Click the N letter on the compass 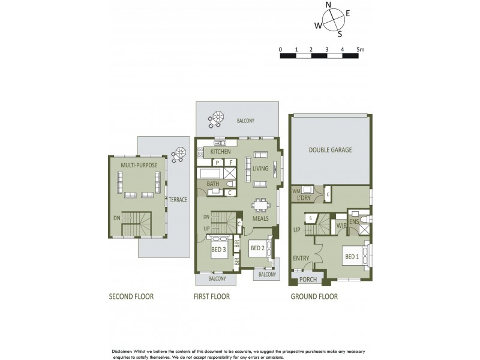tap(328, 5)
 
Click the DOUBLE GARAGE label tap(330, 149)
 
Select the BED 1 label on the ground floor tap(353, 257)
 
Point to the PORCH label tap(308, 279)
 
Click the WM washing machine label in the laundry tap(296, 191)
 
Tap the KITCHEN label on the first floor tap(220, 152)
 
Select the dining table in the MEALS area tap(260, 206)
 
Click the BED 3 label tap(218, 250)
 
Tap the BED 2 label tap(258, 248)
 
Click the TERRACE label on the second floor tap(178, 199)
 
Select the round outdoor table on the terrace tap(177, 155)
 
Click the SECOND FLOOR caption tap(131, 296)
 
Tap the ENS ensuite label tap(353, 221)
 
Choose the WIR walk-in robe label tap(340, 226)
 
